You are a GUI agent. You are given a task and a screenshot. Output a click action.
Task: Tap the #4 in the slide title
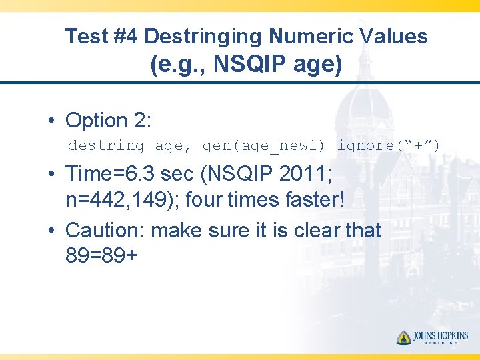(x=126, y=36)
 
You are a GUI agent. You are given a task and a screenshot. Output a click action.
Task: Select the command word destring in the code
(x=106, y=145)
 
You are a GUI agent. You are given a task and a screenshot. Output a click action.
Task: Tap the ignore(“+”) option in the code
(x=388, y=145)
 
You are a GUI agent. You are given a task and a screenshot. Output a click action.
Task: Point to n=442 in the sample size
(x=99, y=199)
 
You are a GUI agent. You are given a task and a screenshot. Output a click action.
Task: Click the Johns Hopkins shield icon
(x=403, y=337)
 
